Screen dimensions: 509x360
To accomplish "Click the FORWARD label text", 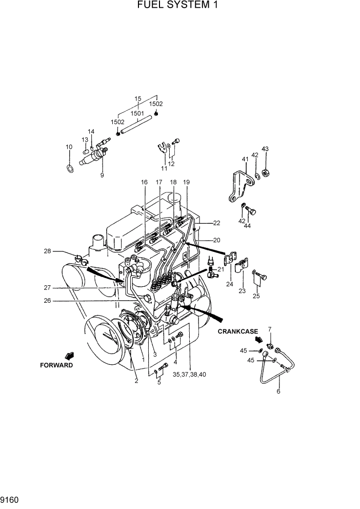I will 56,365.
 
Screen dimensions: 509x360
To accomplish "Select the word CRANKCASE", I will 237,331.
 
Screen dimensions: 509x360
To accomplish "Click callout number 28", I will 47,251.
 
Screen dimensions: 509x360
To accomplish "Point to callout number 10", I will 69,147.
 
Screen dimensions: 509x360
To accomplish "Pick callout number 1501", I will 137,113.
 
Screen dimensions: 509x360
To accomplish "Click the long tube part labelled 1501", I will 138,126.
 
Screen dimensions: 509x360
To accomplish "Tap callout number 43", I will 265,149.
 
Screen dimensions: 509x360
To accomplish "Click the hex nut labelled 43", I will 266,172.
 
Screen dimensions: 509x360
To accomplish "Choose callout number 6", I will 278,391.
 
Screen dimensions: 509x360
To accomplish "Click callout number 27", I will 47,288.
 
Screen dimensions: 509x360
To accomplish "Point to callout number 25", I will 256,296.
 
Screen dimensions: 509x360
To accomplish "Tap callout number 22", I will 216,223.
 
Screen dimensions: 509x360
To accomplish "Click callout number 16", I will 144,182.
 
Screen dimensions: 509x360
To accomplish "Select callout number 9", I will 102,175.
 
